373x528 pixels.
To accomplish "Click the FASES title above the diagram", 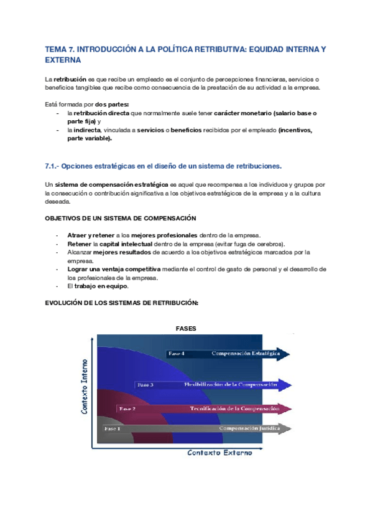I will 186,328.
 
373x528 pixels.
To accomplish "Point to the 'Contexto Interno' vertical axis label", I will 85,387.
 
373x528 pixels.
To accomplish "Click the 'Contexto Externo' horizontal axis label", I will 220,453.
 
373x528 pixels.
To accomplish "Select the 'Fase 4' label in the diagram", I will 176,354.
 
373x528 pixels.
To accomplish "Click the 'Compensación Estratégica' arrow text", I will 245,354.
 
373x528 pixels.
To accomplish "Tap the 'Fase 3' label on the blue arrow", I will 145,385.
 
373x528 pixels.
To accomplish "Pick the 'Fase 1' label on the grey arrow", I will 113,428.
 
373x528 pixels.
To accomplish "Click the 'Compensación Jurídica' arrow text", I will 247,428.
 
